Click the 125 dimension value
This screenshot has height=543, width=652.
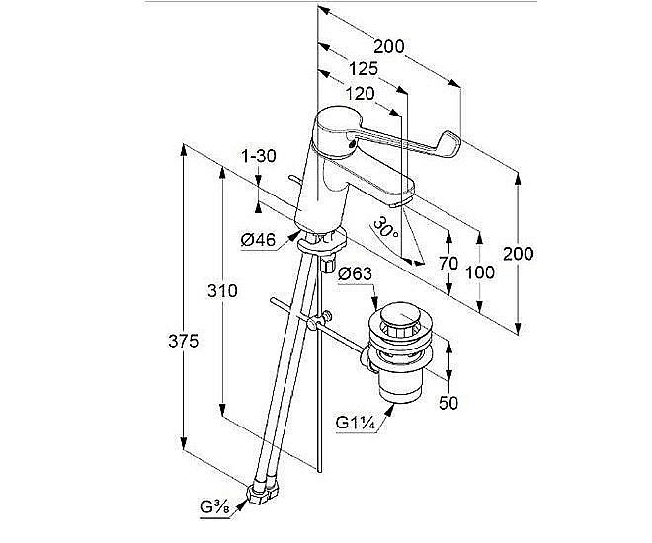(365, 69)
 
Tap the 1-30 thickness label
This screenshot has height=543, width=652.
(258, 155)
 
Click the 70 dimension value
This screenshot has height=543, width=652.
(448, 264)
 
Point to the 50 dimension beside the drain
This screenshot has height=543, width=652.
(448, 402)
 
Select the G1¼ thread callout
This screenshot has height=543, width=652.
(353, 424)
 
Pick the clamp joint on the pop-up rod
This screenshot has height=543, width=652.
(316, 323)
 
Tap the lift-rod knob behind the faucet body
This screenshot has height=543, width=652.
(293, 177)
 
